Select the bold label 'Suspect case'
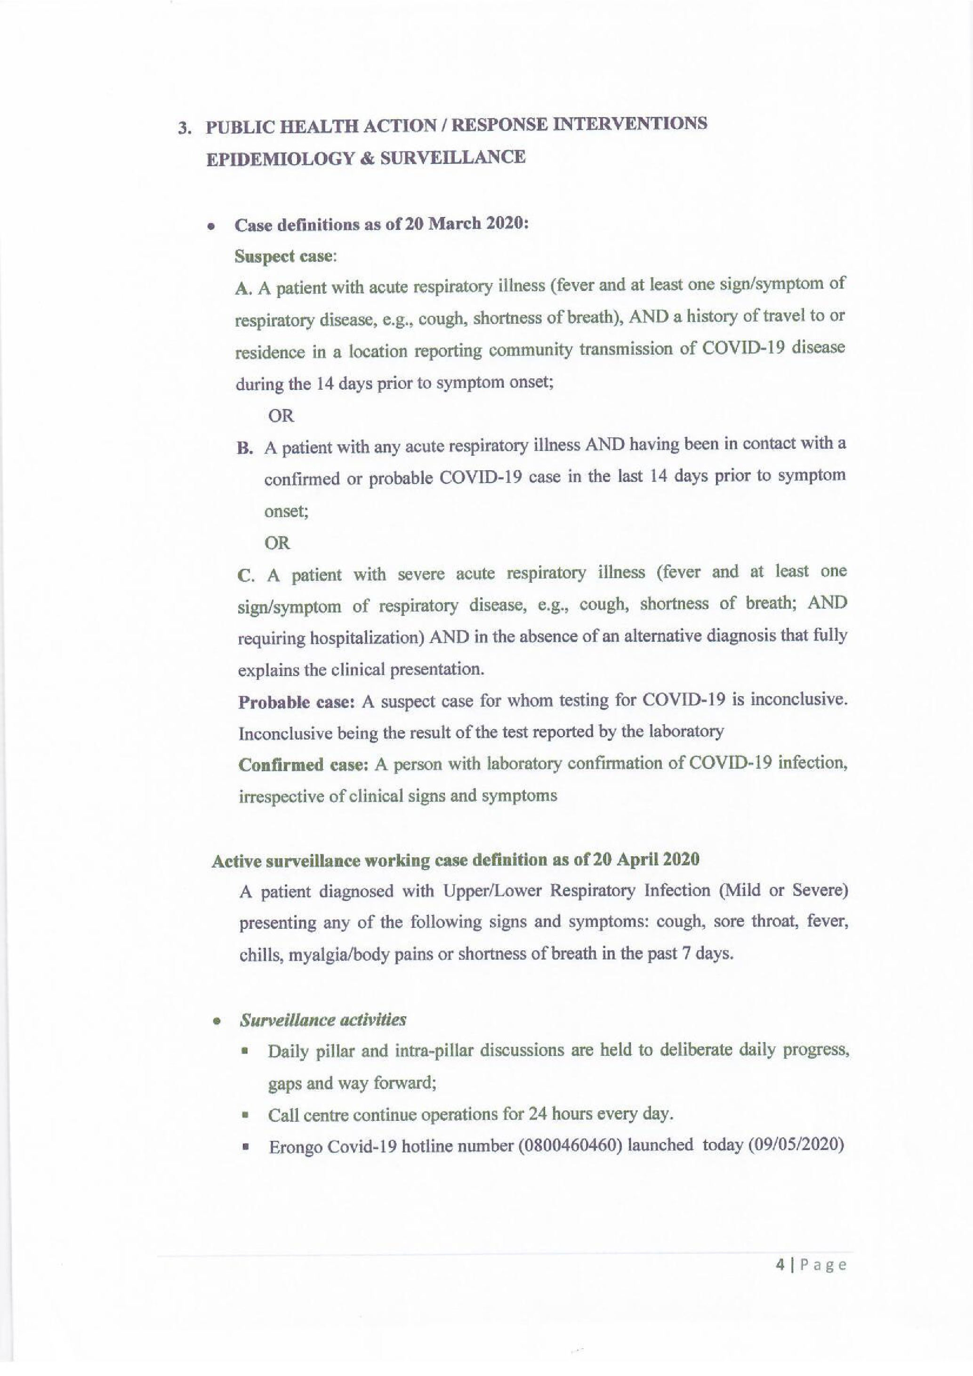pos(283,257)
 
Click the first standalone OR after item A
pos(281,415)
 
